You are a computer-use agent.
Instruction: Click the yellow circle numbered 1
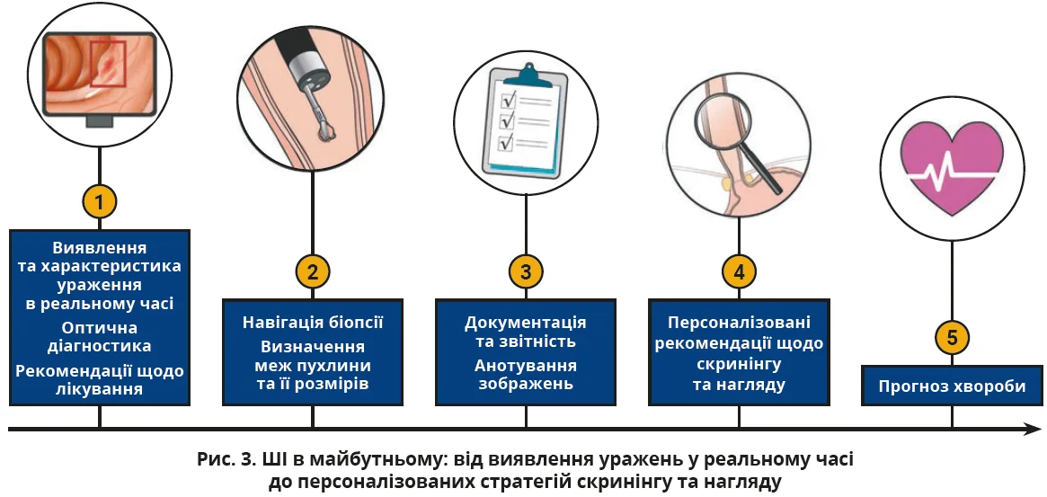(99, 200)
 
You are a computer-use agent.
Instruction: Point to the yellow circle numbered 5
(952, 338)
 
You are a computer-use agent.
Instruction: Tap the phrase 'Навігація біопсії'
(313, 323)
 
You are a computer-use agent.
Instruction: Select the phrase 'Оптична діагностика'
(100, 336)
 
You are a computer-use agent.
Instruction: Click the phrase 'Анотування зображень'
(526, 375)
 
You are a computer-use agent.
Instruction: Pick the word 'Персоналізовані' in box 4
(739, 323)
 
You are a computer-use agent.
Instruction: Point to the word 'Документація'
(526, 323)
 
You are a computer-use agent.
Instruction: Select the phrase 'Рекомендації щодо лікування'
(100, 380)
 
